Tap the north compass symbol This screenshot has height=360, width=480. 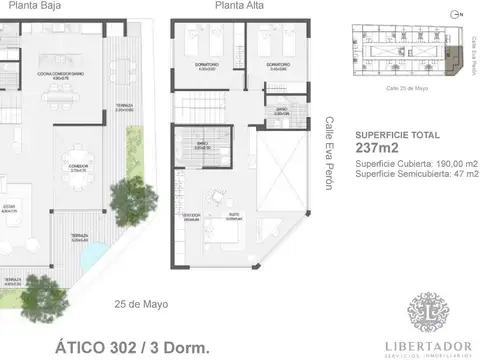(x=457, y=15)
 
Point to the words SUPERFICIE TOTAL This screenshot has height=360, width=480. (x=395, y=134)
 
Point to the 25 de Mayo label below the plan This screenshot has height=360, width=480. (x=141, y=304)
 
